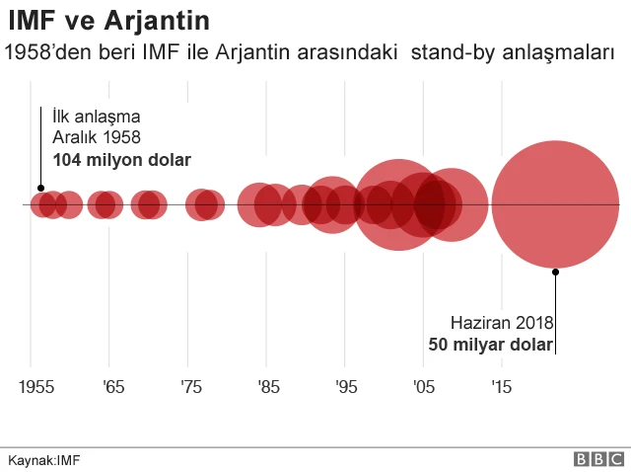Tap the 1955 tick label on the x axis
point(36,386)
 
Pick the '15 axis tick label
point(502,386)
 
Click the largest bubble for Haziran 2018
point(556,204)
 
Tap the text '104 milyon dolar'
point(121,159)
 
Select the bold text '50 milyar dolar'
point(490,345)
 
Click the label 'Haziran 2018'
point(503,323)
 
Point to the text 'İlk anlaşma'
point(96,117)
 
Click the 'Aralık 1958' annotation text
point(97,137)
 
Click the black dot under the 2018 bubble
point(556,271)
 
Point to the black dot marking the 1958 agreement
point(40,188)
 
